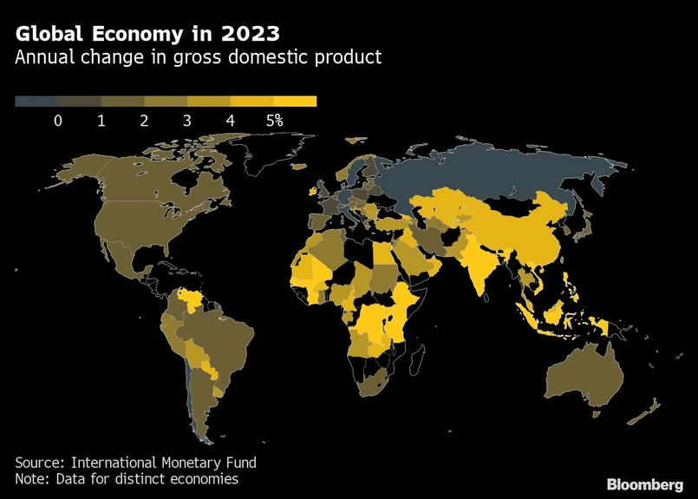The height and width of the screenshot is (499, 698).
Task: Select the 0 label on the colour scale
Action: (58, 121)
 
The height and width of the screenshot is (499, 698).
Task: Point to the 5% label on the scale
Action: (274, 121)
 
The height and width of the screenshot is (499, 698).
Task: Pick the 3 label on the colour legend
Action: (187, 121)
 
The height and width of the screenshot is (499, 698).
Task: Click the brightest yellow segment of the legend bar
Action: (295, 102)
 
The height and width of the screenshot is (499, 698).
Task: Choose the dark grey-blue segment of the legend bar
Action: (36, 102)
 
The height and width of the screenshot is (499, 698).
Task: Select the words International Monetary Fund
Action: (164, 462)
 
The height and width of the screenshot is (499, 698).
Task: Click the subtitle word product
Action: (348, 58)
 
